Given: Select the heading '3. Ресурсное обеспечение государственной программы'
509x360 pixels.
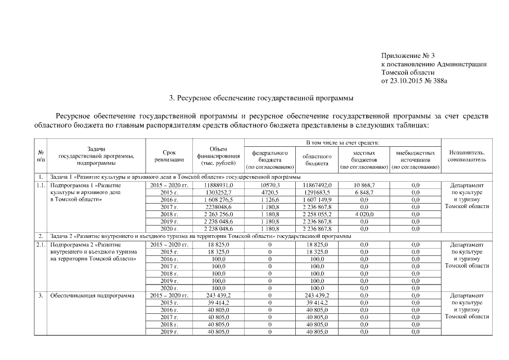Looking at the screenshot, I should (x=262, y=98).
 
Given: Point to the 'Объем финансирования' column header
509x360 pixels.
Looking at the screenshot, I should (x=218, y=156).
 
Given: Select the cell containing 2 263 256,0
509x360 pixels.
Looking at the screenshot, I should (x=218, y=214).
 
